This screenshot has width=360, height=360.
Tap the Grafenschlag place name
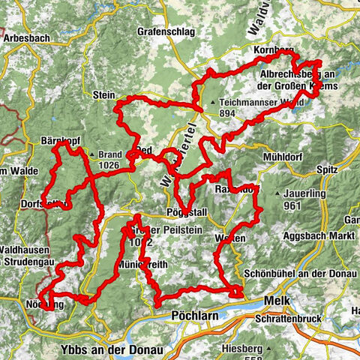166,32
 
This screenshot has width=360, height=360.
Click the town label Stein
103,95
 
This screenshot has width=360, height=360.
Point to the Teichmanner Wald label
254,102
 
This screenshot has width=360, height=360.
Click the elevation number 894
229,113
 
